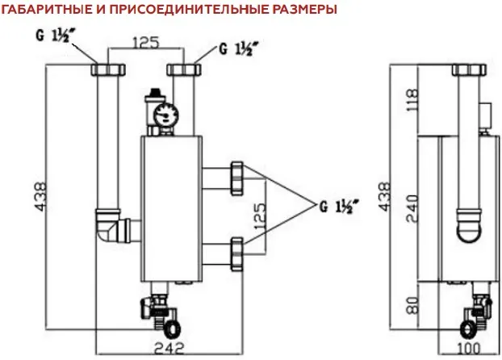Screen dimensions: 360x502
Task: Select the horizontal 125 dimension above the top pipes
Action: (x=146, y=42)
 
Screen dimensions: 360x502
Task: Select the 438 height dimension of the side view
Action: (x=386, y=195)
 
